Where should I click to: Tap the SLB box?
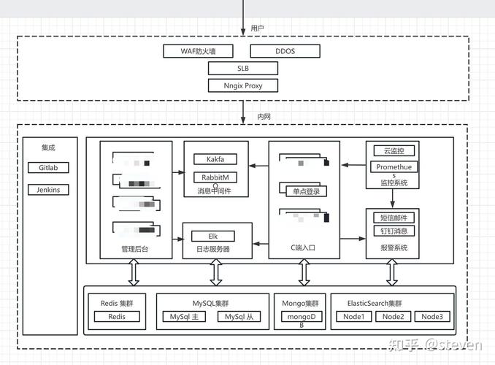coord(242,68)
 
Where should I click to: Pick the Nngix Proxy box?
coord(242,85)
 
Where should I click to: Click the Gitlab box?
coord(48,167)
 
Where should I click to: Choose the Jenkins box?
coord(48,190)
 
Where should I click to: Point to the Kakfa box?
coord(215,158)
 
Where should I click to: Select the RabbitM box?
coord(215,177)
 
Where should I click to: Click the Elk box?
coord(213,236)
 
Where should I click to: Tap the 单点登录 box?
coord(302,191)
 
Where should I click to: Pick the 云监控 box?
coord(393,150)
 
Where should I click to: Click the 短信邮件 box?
coord(394,218)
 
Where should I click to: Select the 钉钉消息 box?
coord(394,231)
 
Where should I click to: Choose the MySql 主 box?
coord(185,317)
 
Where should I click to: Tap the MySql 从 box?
coord(239,317)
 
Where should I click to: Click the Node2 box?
coord(393,317)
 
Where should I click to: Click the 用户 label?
coord(257,28)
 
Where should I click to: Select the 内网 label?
coord(264,117)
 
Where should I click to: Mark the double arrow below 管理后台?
coord(134,272)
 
